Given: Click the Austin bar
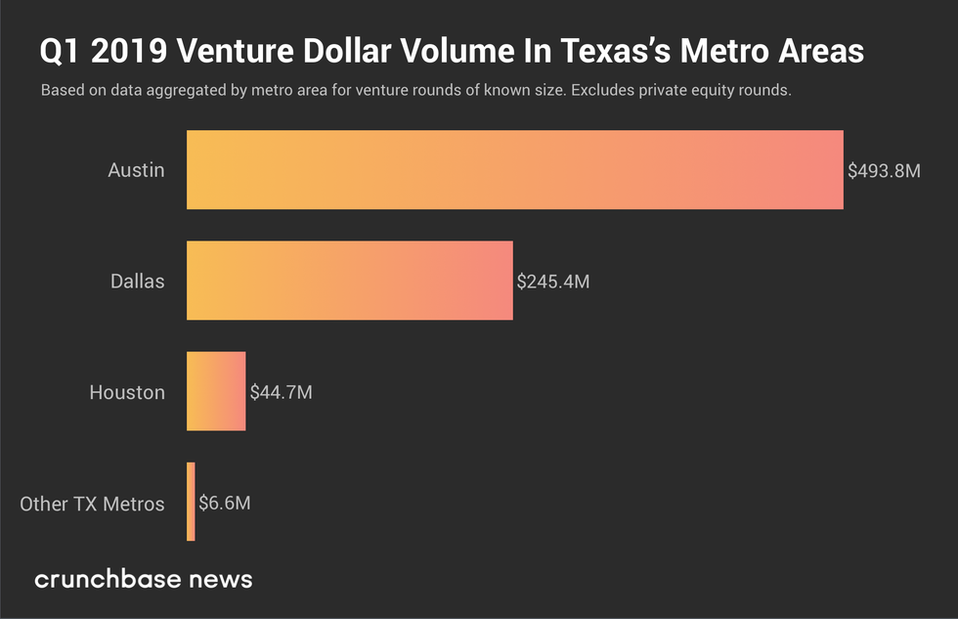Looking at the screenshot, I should [515, 170].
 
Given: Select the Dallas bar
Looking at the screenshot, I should [350, 281].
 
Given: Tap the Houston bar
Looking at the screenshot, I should [216, 391].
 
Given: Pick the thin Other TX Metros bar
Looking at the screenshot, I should [191, 502].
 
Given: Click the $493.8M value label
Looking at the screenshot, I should [884, 171].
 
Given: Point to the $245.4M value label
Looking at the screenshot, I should [553, 282].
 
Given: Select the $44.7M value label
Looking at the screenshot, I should [281, 392].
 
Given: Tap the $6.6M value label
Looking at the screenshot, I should [225, 504].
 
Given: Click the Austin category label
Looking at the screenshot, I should [136, 170].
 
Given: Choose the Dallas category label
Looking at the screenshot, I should [137, 282].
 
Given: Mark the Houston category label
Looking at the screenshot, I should [127, 392].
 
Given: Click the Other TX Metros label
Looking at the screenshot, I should [92, 504].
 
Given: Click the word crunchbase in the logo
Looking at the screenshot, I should [108, 579].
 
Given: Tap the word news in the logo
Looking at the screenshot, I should [221, 579].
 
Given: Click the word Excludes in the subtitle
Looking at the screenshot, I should [602, 90].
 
